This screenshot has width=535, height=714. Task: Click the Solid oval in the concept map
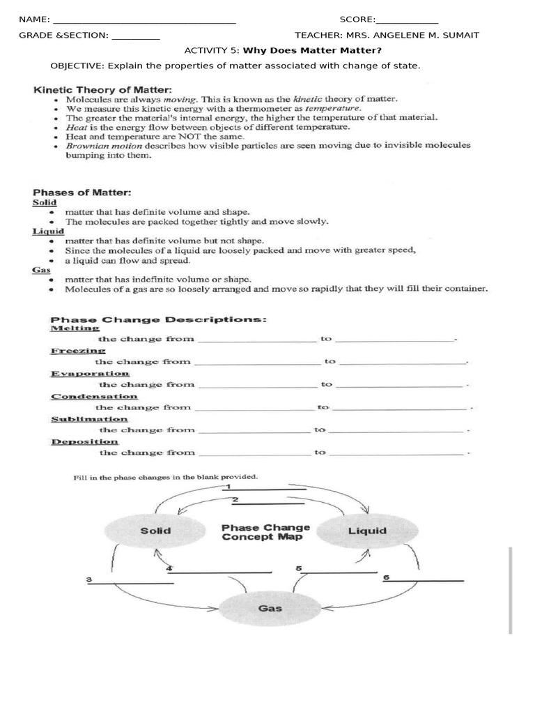(x=155, y=531)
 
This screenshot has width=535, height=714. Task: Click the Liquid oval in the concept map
(x=367, y=531)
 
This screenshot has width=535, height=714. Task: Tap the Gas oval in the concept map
(x=270, y=608)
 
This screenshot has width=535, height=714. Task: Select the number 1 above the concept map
(x=228, y=485)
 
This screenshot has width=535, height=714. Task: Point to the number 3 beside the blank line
(x=89, y=579)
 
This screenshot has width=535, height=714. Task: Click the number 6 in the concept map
(x=386, y=577)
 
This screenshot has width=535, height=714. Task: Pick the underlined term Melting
(x=75, y=328)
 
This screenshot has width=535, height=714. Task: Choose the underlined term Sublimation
(x=89, y=419)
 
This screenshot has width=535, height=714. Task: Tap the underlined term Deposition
(x=84, y=441)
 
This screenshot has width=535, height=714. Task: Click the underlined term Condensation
(x=94, y=396)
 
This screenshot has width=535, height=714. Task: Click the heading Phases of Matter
(x=83, y=192)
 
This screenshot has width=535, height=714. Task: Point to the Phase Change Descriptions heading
(x=159, y=319)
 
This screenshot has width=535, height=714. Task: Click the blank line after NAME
(x=144, y=20)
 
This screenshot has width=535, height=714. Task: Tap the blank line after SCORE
(x=407, y=20)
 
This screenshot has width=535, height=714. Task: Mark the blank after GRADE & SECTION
(x=135, y=36)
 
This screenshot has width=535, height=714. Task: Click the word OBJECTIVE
(x=76, y=66)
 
